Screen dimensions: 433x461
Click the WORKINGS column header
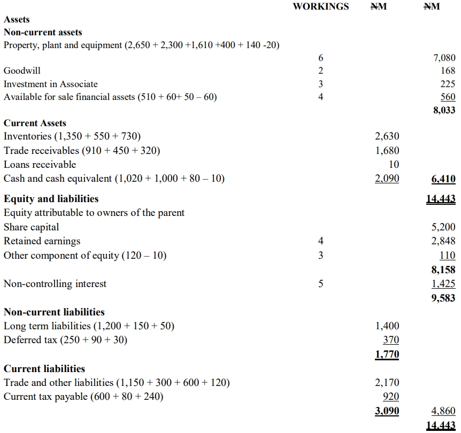tap(320, 6)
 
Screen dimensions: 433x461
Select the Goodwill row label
tap(22, 71)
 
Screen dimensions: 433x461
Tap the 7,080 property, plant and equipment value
tap(444, 57)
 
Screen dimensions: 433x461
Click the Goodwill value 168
tap(448, 71)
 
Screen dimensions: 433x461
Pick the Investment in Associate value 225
tap(448, 84)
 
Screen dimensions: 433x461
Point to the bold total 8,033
tap(444, 110)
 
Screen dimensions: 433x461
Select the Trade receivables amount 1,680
tap(387, 151)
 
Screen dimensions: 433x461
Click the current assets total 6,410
tap(444, 179)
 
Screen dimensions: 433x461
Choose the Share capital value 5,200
tap(444, 227)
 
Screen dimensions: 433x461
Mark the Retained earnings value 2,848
tap(444, 241)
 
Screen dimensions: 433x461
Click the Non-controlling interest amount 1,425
tap(444, 284)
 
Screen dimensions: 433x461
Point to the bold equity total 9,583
tap(444, 298)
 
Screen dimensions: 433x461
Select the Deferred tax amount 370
tap(391, 339)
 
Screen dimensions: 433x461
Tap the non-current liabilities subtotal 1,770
tap(387, 353)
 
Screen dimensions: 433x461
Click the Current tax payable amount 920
tap(391, 397)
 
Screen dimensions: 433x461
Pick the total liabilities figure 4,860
tap(444, 411)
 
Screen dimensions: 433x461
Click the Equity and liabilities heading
tap(51, 199)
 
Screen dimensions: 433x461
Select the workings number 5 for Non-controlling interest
tap(321, 284)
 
